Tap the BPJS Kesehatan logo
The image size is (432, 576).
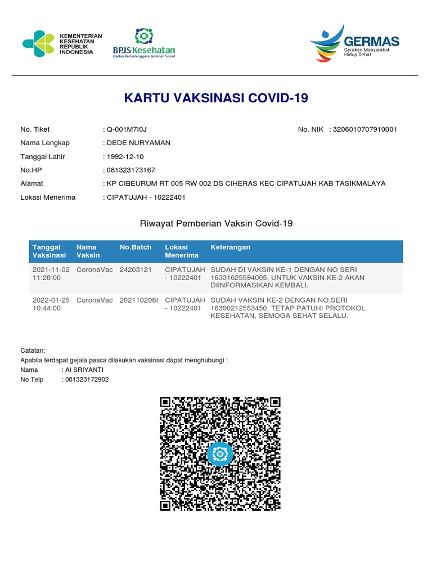[x=143, y=44]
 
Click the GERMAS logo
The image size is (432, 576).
[x=354, y=44]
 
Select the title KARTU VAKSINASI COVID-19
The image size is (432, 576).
[x=216, y=98]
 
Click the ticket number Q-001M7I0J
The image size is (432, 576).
[x=127, y=129]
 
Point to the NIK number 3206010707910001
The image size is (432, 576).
[x=365, y=129]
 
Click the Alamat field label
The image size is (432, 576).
[x=31, y=183]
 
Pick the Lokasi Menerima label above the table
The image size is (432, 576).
[x=48, y=197]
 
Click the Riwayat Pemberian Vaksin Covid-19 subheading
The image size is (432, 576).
[x=216, y=224]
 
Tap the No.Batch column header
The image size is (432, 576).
[x=136, y=247]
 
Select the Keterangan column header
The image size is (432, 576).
[x=231, y=247]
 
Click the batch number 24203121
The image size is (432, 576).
[x=136, y=269]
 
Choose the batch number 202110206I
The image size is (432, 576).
[x=139, y=300]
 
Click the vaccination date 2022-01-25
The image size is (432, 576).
[x=51, y=300]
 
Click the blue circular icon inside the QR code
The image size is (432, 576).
[x=220, y=453]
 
